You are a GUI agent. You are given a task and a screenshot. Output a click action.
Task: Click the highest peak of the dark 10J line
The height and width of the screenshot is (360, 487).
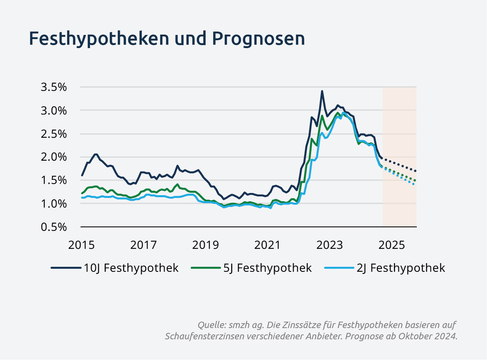pyautogui.click(x=322, y=91)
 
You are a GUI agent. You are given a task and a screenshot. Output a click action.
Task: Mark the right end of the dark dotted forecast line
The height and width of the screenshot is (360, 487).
pyautogui.click(x=415, y=171)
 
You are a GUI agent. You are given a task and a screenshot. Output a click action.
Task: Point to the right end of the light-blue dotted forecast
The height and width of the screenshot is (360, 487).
pyautogui.click(x=414, y=184)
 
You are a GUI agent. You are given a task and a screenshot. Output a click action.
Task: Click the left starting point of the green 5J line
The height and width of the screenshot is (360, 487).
pyautogui.click(x=82, y=193)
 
